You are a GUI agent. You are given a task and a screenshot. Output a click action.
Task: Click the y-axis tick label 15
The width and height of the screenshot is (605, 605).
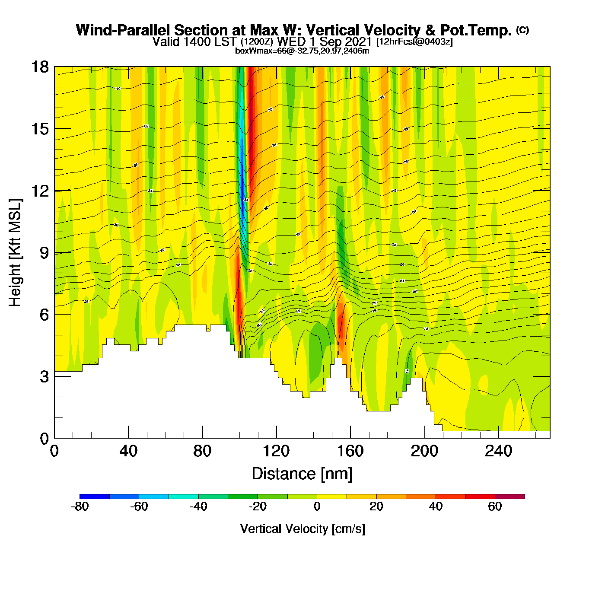point(39,129)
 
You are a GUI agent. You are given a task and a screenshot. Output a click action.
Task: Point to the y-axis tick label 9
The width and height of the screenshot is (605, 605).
point(44,253)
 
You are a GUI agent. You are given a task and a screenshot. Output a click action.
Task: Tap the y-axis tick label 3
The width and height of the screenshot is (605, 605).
point(44,377)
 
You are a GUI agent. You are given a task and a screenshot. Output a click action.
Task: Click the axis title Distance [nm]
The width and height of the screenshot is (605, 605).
point(302,474)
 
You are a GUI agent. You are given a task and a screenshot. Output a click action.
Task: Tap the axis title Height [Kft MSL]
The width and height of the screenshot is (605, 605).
point(16,253)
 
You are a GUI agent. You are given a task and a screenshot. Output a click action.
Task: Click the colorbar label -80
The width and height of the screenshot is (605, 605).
point(80,506)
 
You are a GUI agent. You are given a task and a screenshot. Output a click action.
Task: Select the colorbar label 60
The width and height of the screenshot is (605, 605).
point(495,506)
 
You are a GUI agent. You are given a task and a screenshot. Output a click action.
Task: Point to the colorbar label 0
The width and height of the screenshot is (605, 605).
point(317,506)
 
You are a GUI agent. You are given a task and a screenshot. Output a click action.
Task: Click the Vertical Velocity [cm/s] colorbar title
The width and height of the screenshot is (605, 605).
point(302,529)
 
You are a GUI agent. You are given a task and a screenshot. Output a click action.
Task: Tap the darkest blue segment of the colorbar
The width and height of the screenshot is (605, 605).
point(95,497)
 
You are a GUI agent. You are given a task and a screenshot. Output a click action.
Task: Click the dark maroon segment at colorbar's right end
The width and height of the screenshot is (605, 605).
point(509,497)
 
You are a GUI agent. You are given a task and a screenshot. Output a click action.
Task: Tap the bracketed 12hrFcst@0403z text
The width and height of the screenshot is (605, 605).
point(414,42)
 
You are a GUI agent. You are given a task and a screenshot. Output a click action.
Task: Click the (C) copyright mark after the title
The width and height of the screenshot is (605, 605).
point(522,30)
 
